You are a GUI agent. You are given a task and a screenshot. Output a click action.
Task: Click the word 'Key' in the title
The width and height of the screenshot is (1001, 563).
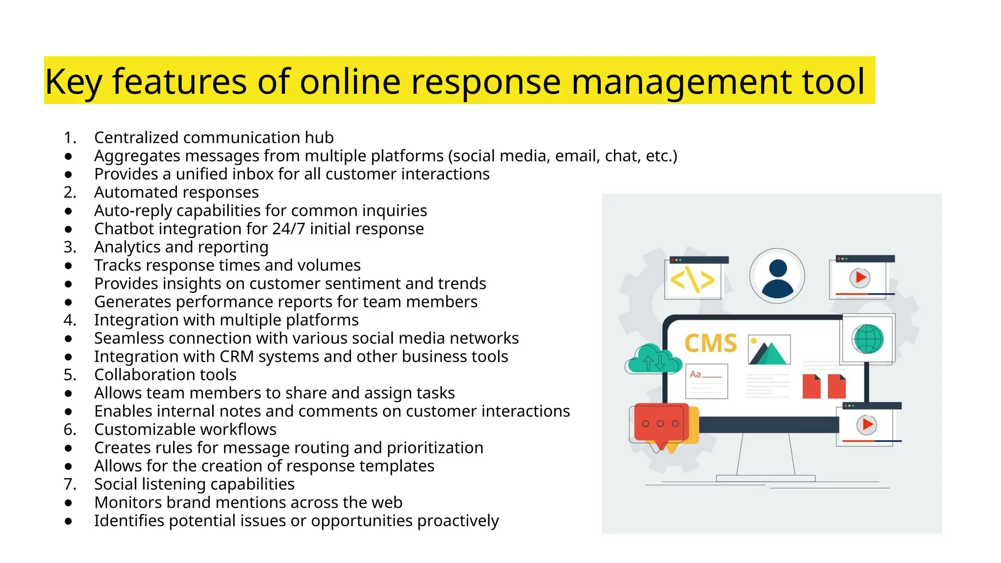[x=73, y=82]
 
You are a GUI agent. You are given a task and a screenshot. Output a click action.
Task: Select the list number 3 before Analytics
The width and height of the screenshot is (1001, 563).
[x=70, y=247]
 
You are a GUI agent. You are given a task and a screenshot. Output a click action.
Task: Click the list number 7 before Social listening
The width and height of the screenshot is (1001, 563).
[x=70, y=484]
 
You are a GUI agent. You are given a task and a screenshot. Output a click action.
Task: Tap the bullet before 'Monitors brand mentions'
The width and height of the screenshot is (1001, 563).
[x=68, y=503]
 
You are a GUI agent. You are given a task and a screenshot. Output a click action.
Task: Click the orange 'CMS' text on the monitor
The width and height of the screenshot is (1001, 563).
[x=711, y=343]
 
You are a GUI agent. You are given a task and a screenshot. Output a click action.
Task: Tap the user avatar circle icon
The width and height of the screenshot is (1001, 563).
[x=777, y=276]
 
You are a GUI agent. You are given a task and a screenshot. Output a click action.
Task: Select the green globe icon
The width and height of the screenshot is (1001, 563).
[x=868, y=339]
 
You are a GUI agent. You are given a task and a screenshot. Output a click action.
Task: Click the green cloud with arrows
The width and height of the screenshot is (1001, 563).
[x=653, y=360]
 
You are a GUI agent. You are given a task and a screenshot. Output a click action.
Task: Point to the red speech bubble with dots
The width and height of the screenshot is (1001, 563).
[x=660, y=423]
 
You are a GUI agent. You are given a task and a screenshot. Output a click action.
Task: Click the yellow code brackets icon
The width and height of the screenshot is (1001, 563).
[x=693, y=280]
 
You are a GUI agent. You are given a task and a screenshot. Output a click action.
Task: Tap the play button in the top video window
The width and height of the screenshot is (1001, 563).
[x=860, y=278]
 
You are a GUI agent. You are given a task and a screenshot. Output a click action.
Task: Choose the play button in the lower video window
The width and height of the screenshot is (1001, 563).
[x=867, y=424]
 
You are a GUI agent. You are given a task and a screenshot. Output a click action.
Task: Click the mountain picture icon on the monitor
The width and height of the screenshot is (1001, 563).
[x=769, y=350]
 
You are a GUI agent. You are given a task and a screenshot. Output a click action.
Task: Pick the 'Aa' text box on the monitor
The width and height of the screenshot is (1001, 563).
[x=706, y=381]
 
